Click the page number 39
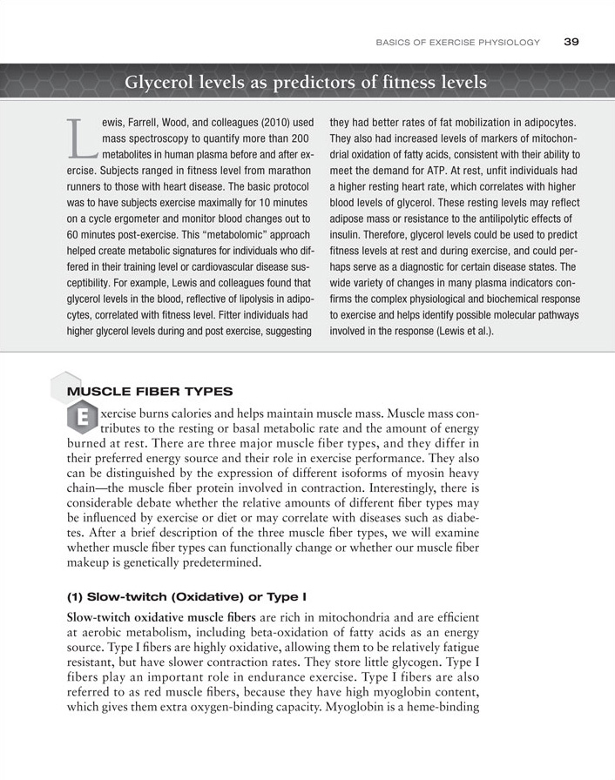pos(571,41)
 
